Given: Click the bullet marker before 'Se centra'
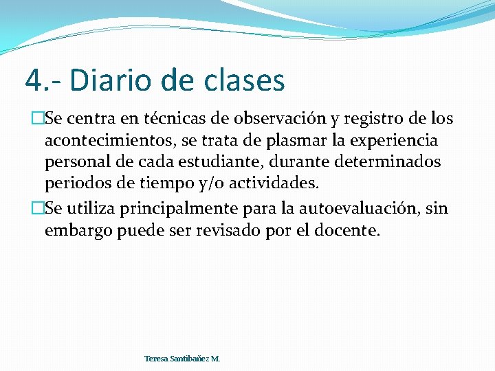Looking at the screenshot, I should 28,119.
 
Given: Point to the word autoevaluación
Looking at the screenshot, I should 355,209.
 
